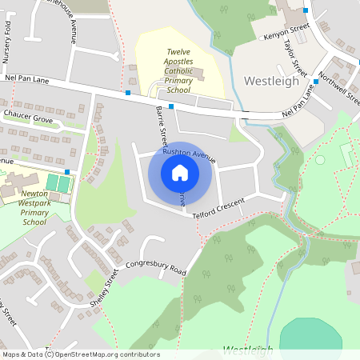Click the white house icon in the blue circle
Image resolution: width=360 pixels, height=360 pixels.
point(180,173)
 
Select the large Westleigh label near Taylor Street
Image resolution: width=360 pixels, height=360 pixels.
point(270,81)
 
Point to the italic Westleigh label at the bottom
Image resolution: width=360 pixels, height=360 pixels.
point(247,350)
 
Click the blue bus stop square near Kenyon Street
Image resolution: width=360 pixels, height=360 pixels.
point(306,10)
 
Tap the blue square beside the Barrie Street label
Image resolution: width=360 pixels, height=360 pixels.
point(170,106)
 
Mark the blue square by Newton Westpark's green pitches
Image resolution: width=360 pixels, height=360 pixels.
point(67,171)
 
